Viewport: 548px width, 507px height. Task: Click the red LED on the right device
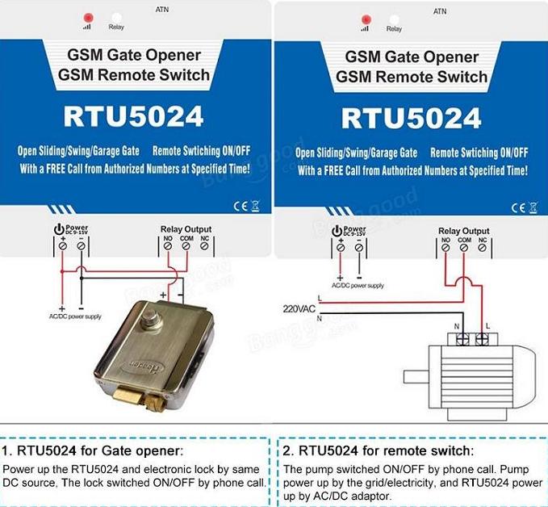365,17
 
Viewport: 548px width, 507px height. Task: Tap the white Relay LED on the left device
116,17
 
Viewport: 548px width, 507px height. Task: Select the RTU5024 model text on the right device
411,117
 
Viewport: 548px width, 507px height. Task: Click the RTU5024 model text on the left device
133,117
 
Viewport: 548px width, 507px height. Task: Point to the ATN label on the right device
440,11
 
